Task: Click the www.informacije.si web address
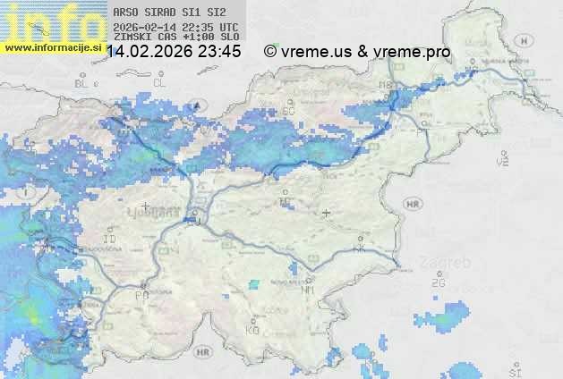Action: [52, 47]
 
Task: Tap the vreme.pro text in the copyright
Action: [414, 52]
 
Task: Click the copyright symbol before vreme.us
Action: [270, 52]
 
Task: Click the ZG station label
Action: [438, 283]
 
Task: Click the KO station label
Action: [252, 330]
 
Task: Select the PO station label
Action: [141, 295]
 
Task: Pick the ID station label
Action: [110, 240]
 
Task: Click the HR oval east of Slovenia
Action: [413, 204]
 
